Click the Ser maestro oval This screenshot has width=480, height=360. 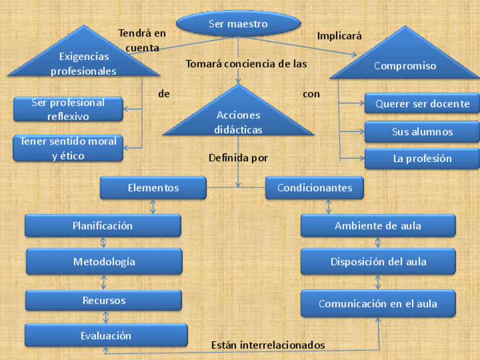[x=238, y=24]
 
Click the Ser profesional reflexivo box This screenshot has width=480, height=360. [x=68, y=109]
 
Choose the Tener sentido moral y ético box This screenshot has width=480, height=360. [x=68, y=148]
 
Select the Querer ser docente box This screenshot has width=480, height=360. [x=422, y=104]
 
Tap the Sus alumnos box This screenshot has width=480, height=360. [x=422, y=132]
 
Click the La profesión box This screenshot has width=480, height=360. [x=422, y=158]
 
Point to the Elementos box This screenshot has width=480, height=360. [x=153, y=188]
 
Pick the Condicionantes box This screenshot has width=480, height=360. [x=314, y=188]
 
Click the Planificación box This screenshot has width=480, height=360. [x=102, y=225]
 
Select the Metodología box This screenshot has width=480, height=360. [x=104, y=262]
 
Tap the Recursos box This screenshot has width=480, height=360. [x=104, y=300]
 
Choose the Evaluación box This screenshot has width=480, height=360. [x=106, y=335]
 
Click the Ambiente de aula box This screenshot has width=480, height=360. [x=378, y=225]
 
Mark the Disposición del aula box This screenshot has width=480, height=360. [x=378, y=262]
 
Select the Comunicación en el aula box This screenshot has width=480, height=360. [x=378, y=303]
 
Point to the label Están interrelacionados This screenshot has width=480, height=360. [x=268, y=345]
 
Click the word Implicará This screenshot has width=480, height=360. [x=339, y=36]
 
